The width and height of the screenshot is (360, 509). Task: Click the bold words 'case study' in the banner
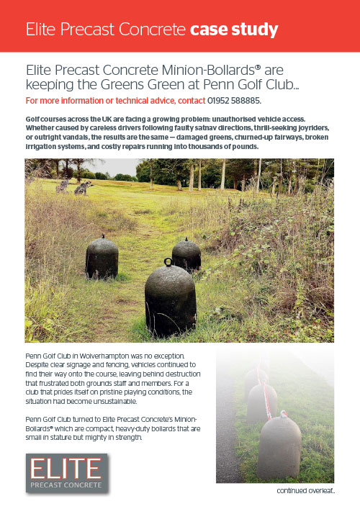coord(234,30)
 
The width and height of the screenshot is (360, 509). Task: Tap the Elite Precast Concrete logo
coord(66,473)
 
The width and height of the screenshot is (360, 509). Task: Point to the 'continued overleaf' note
coord(307,492)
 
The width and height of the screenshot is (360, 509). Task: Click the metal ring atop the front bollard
coord(168,263)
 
